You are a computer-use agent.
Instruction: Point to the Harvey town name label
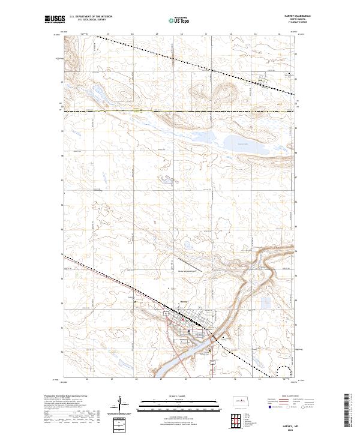click(x=185, y=302)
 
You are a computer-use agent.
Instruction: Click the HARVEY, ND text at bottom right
click(x=283, y=427)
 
